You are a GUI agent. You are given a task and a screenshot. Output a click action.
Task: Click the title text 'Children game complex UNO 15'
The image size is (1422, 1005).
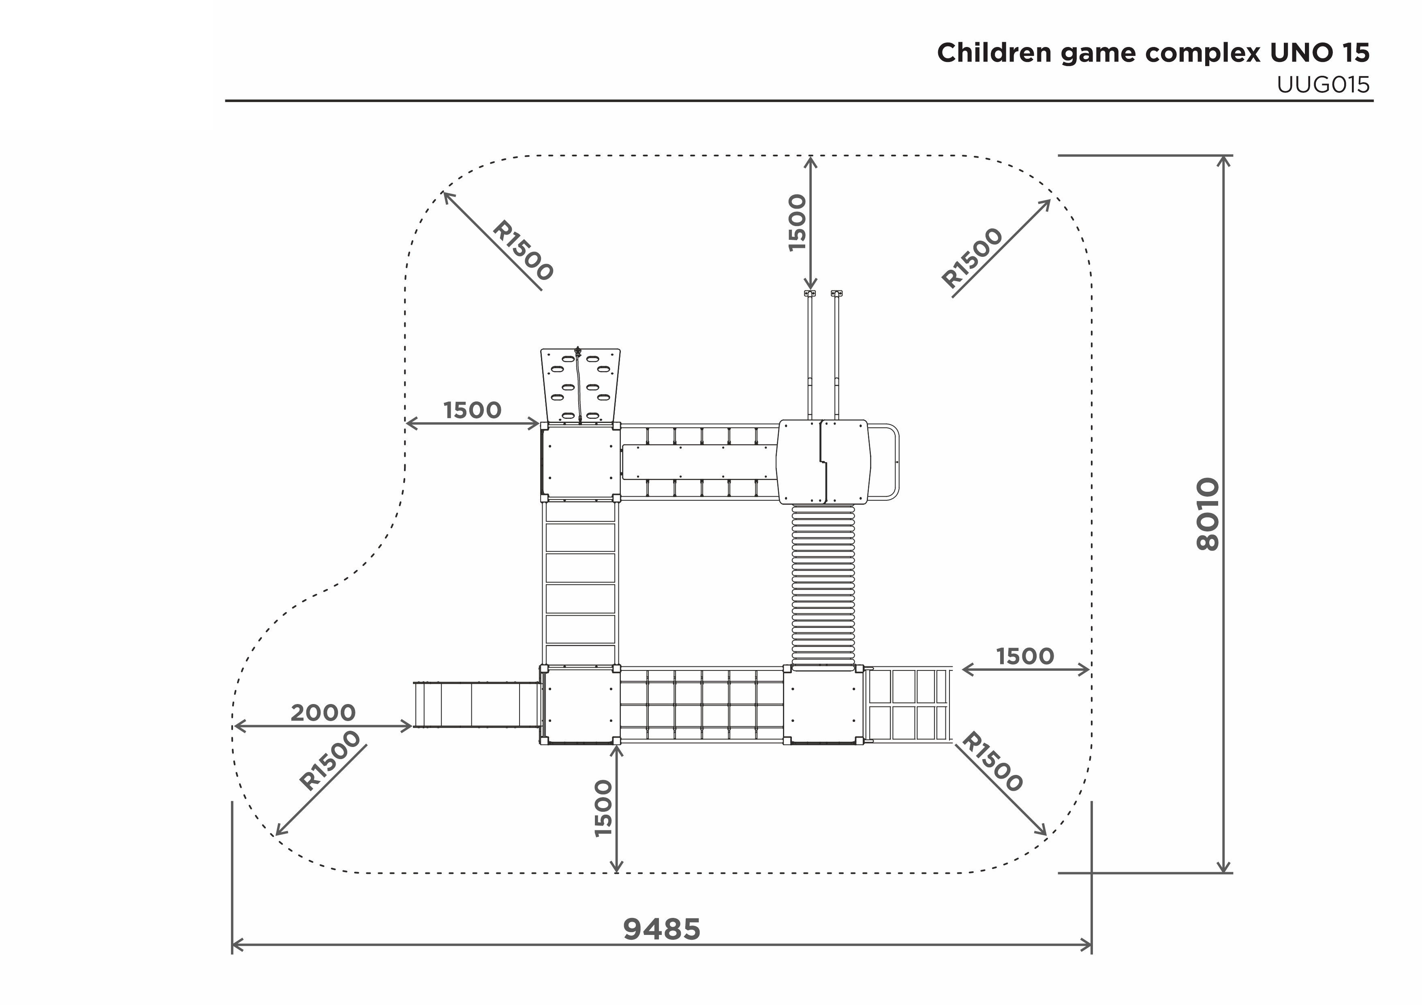[1153, 53]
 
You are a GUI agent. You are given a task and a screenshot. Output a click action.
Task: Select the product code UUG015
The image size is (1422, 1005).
[1324, 85]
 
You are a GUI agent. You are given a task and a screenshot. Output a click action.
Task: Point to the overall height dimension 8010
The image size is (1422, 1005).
[1208, 514]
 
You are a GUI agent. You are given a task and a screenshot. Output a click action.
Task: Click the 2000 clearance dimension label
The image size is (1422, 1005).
[323, 713]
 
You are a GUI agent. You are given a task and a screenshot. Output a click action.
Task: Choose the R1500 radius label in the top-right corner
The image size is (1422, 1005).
[972, 258]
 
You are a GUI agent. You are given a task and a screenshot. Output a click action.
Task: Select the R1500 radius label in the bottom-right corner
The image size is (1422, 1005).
[992, 762]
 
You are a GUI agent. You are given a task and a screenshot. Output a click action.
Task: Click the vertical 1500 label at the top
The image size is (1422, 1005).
[798, 223]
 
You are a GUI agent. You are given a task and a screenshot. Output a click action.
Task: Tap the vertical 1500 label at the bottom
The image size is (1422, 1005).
[603, 808]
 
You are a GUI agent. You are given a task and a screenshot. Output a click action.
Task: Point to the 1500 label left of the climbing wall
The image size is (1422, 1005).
[473, 410]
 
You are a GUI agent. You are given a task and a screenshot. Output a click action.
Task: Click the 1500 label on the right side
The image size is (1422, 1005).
[1025, 656]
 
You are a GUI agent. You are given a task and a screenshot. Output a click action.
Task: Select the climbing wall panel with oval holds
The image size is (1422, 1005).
[580, 386]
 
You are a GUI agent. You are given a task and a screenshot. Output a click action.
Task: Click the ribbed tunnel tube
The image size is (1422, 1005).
[823, 587]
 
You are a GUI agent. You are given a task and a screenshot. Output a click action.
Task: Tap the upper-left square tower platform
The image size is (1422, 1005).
[580, 462]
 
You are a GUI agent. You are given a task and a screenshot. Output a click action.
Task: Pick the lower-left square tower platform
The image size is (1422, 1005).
[580, 705]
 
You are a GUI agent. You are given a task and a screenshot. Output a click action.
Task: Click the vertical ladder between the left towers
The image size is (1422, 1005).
[580, 583]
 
